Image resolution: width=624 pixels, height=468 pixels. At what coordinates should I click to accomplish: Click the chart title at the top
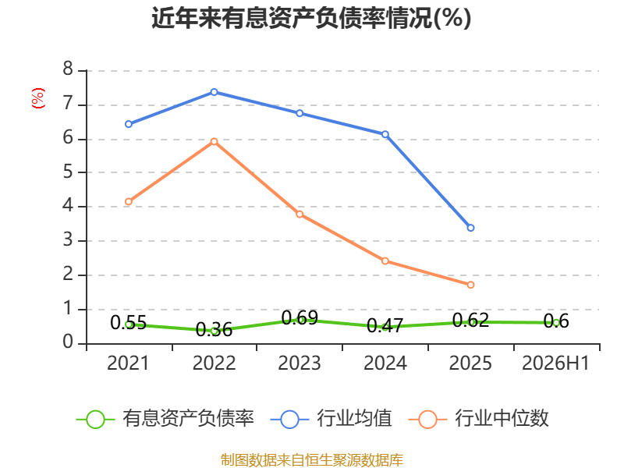pyautogui.click(x=311, y=18)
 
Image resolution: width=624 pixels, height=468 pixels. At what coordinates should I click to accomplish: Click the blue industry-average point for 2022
pyautogui.click(x=214, y=92)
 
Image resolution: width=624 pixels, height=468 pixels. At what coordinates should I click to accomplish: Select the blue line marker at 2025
pyautogui.click(x=471, y=228)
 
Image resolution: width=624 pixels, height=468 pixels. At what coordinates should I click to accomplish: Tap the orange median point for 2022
pyautogui.click(x=214, y=142)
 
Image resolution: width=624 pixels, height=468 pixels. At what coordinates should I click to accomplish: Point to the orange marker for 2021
pyautogui.click(x=129, y=202)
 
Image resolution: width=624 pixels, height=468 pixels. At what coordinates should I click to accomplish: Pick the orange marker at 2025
pyautogui.click(x=471, y=285)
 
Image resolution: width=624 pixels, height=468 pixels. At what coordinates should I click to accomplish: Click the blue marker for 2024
pyautogui.click(x=385, y=134)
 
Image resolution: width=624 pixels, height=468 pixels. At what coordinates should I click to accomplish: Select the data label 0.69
pyautogui.click(x=300, y=317)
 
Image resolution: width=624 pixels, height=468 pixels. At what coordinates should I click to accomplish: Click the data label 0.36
pyautogui.click(x=214, y=329)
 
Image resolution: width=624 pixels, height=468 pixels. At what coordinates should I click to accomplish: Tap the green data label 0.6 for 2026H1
pyautogui.click(x=556, y=321)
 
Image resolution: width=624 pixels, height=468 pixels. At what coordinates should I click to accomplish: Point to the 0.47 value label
pyautogui.click(x=385, y=325)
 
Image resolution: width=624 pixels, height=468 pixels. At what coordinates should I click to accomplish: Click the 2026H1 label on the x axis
pyautogui.click(x=555, y=363)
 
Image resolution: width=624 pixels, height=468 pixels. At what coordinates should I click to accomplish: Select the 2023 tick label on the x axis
pyautogui.click(x=300, y=363)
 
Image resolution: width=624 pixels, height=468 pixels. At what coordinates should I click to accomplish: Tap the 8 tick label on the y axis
pyautogui.click(x=68, y=69)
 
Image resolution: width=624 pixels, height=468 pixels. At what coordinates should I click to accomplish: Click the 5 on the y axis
pyautogui.click(x=68, y=172)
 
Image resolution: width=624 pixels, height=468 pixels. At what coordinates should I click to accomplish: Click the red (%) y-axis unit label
pyautogui.click(x=37, y=98)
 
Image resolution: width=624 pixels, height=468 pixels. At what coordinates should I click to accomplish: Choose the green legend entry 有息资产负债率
pyautogui.click(x=165, y=418)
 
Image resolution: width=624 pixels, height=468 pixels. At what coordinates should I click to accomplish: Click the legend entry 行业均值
pyautogui.click(x=331, y=418)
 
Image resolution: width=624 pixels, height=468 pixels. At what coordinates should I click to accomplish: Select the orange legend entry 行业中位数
pyautogui.click(x=479, y=418)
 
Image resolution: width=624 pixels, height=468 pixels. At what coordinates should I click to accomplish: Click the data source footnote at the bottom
pyautogui.click(x=312, y=459)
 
